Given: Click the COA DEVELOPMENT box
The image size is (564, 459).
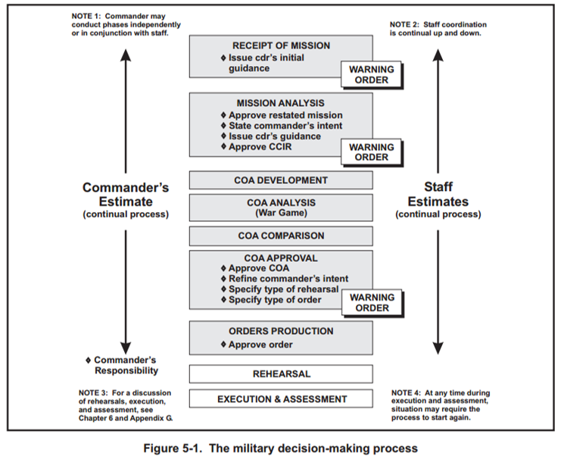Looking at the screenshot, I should tap(280, 180).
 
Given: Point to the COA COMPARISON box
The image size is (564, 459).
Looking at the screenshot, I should tap(280, 236).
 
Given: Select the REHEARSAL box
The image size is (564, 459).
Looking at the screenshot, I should tap(280, 374).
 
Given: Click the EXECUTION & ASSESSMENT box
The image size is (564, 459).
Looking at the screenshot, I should tap(280, 399).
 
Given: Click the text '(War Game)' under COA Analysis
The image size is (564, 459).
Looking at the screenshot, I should tap(280, 214).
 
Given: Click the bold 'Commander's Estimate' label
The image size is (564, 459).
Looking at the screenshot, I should tap(126, 195).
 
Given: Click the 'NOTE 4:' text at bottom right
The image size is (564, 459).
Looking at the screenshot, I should tap(410, 392).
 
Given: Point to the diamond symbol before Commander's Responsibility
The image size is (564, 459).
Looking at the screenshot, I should tap(89, 360).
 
